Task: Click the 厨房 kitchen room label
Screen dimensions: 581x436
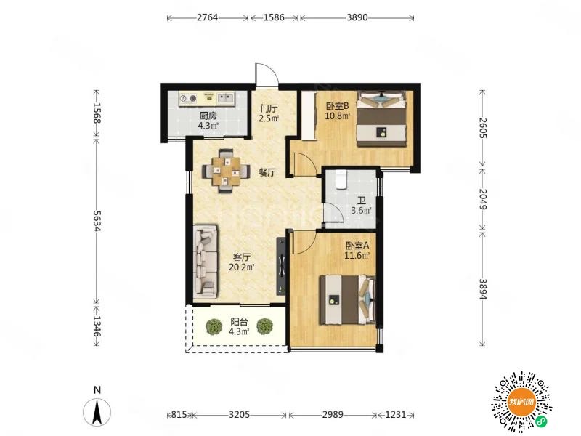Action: click(x=208, y=116)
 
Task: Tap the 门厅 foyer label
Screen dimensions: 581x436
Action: click(x=269, y=108)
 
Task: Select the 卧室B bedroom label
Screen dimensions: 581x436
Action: click(x=337, y=106)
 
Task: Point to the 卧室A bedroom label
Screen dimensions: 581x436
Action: click(x=357, y=246)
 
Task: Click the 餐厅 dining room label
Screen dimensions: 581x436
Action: click(x=267, y=172)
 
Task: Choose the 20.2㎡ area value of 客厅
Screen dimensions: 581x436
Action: click(x=241, y=267)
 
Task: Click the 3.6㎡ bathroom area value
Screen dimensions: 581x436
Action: click(x=361, y=211)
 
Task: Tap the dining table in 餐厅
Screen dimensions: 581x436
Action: click(x=226, y=171)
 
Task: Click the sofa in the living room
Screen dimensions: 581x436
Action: click(x=206, y=262)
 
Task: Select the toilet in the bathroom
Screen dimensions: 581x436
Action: click(x=341, y=179)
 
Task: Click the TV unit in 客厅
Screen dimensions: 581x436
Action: click(x=281, y=266)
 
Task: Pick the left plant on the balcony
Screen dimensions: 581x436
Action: click(x=214, y=326)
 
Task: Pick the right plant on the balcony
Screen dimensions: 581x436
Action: click(x=264, y=326)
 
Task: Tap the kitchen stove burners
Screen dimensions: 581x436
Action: click(x=188, y=98)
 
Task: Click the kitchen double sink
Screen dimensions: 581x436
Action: click(x=225, y=98)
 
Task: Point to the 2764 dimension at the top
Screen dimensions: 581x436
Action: click(x=207, y=17)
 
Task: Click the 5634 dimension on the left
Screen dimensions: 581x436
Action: click(x=97, y=221)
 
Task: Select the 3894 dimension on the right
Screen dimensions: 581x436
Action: click(x=483, y=288)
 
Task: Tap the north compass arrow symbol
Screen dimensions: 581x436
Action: click(x=97, y=411)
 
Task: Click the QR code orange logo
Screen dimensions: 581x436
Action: click(x=521, y=402)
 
